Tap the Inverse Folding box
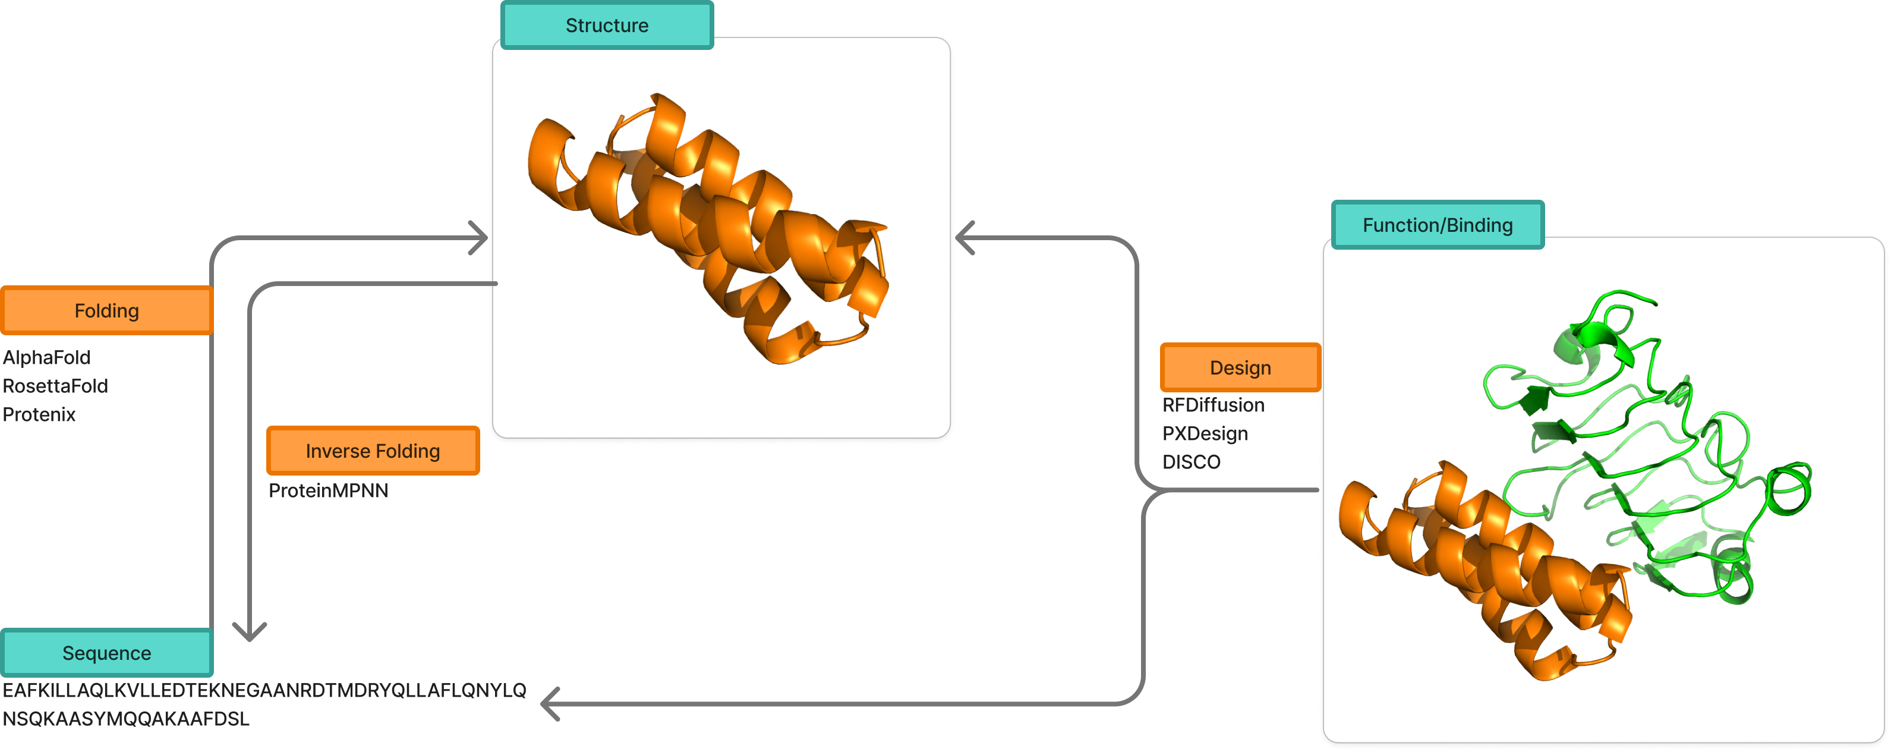point(373,450)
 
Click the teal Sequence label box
point(106,653)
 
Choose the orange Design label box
point(1240,367)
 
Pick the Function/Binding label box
point(1438,225)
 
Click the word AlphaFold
point(47,358)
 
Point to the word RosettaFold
point(55,386)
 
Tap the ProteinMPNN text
point(328,490)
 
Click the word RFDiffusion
point(1213,405)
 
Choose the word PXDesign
point(1205,434)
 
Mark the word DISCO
point(1191,462)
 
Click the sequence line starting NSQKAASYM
point(126,719)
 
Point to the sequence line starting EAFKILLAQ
point(264,690)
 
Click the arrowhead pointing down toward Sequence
point(250,631)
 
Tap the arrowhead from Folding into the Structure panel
point(478,238)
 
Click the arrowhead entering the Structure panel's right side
point(965,238)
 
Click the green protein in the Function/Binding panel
point(1652,455)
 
